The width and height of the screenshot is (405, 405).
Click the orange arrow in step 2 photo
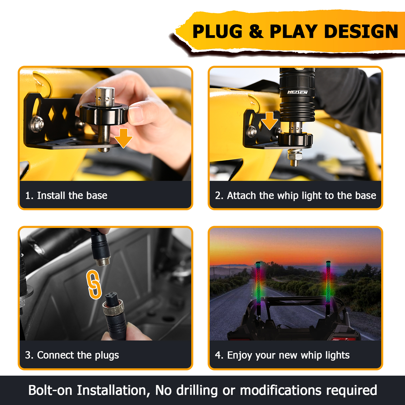tap(269, 121)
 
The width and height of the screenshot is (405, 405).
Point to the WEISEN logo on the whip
tap(297, 92)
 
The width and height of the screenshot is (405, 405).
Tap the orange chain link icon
tap(94, 284)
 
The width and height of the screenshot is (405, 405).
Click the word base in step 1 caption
tap(97, 196)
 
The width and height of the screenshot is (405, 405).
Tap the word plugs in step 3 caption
tap(107, 355)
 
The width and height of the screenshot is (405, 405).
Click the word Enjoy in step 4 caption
tap(240, 355)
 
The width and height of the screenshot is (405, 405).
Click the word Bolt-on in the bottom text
tap(50, 390)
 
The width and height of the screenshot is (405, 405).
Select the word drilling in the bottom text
tap(197, 391)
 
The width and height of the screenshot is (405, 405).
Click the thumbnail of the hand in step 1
tap(135, 115)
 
